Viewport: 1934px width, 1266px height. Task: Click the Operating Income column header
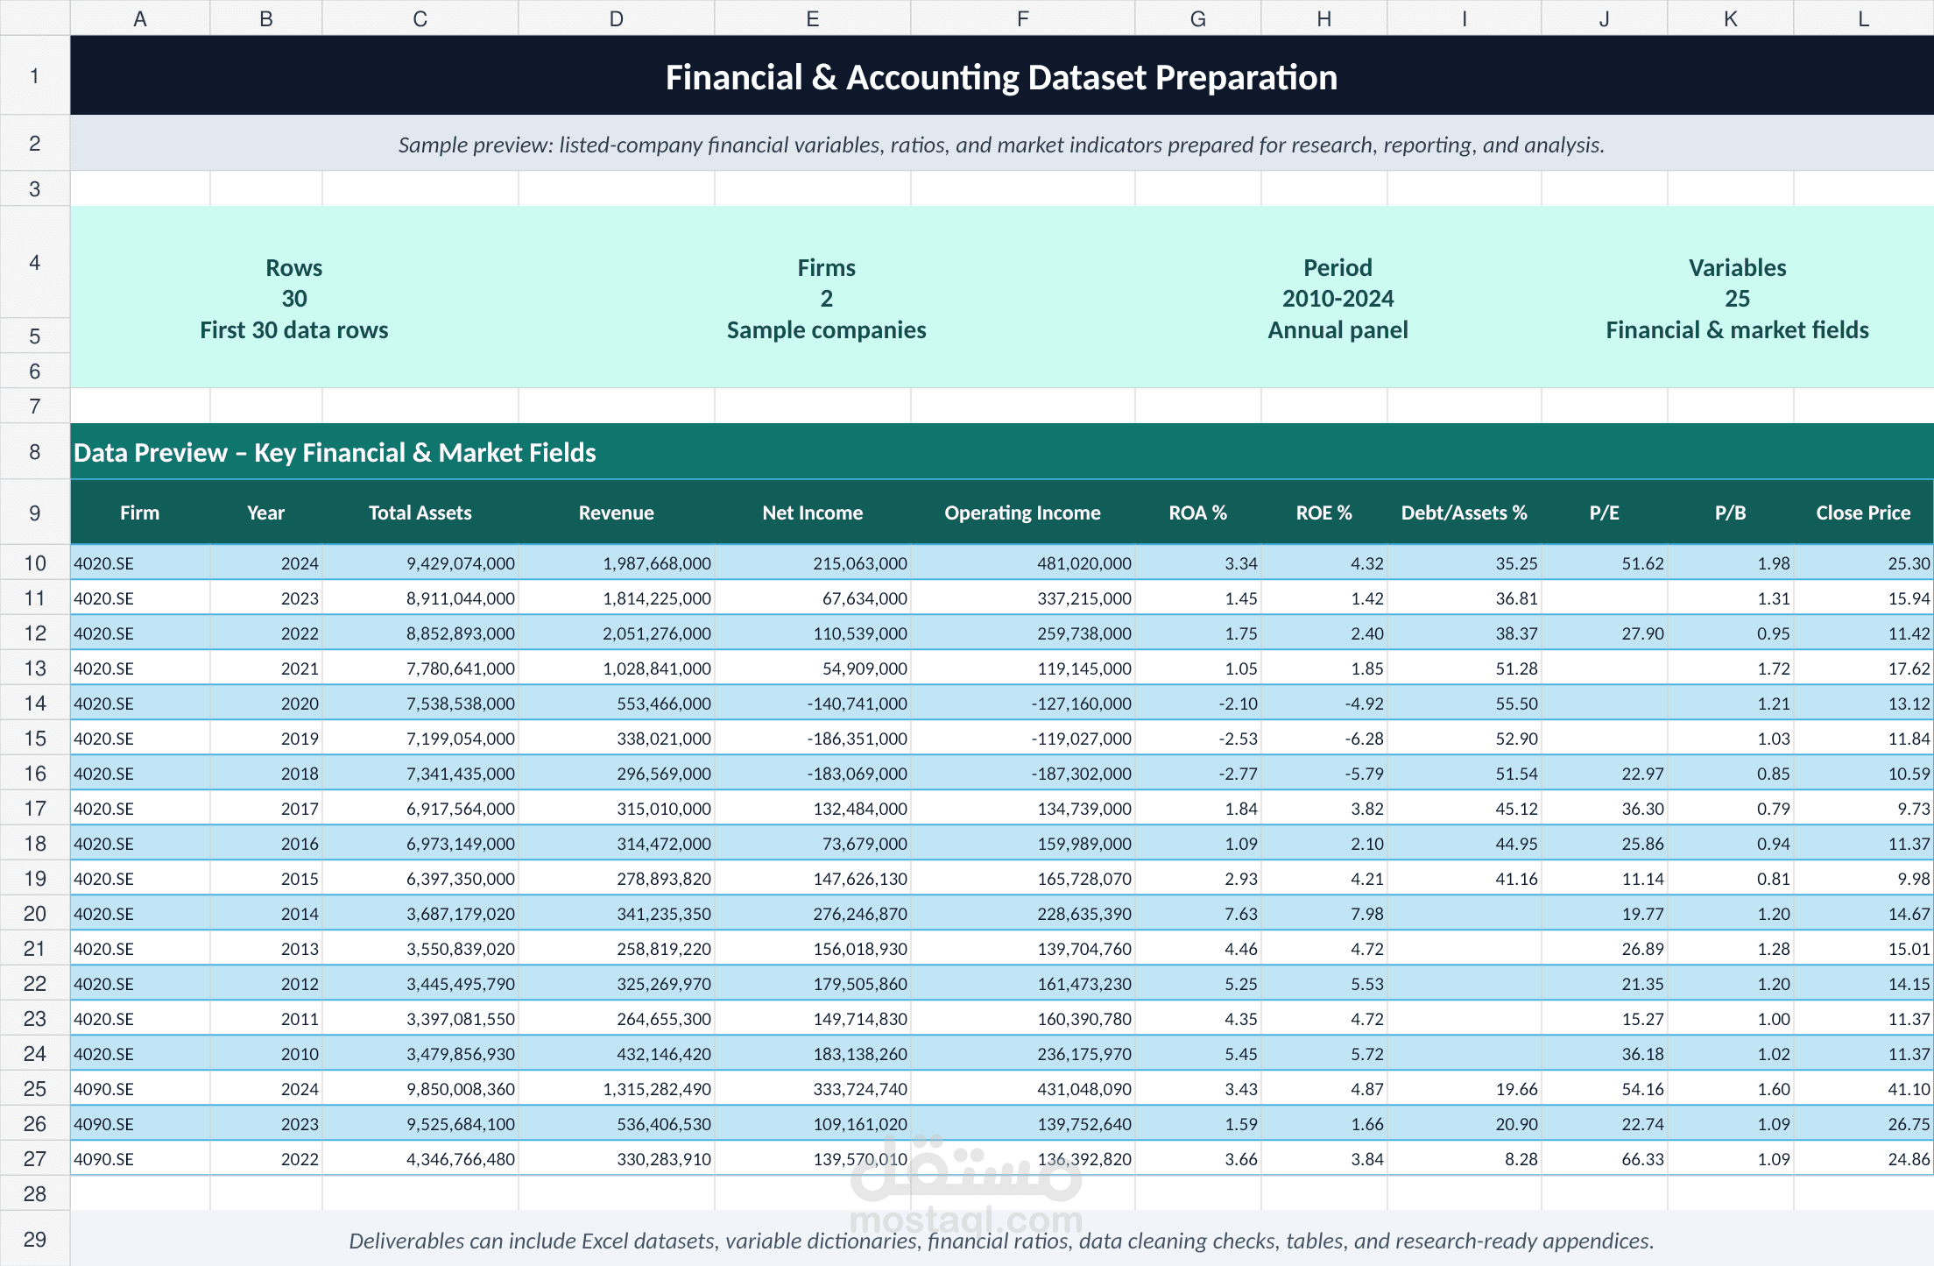click(x=1022, y=513)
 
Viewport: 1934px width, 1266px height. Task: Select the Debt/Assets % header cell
click(x=1464, y=513)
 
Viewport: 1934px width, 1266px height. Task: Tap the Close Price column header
click(x=1863, y=513)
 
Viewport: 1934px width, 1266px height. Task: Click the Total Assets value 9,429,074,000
click(x=461, y=563)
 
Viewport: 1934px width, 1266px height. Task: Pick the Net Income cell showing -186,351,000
click(x=857, y=739)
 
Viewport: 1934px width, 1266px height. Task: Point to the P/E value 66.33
click(x=1642, y=1159)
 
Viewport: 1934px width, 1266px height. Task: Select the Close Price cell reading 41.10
click(x=1909, y=1089)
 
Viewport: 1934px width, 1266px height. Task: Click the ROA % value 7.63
click(x=1240, y=914)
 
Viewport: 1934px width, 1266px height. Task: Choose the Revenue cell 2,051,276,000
click(x=656, y=633)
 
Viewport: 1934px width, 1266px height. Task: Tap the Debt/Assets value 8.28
click(x=1521, y=1159)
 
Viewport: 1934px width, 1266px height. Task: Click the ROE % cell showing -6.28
click(x=1364, y=739)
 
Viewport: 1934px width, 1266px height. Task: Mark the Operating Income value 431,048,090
click(x=1084, y=1089)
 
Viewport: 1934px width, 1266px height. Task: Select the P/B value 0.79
click(x=1773, y=809)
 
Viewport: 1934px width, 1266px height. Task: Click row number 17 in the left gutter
click(x=35, y=809)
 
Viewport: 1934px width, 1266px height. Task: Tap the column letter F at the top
click(x=1022, y=19)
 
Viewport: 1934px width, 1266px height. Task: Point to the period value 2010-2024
click(x=1338, y=299)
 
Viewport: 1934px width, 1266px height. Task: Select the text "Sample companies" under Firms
click(x=826, y=330)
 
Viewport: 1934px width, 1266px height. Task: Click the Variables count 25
click(x=1737, y=299)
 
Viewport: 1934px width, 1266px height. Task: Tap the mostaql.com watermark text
click(x=966, y=1219)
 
